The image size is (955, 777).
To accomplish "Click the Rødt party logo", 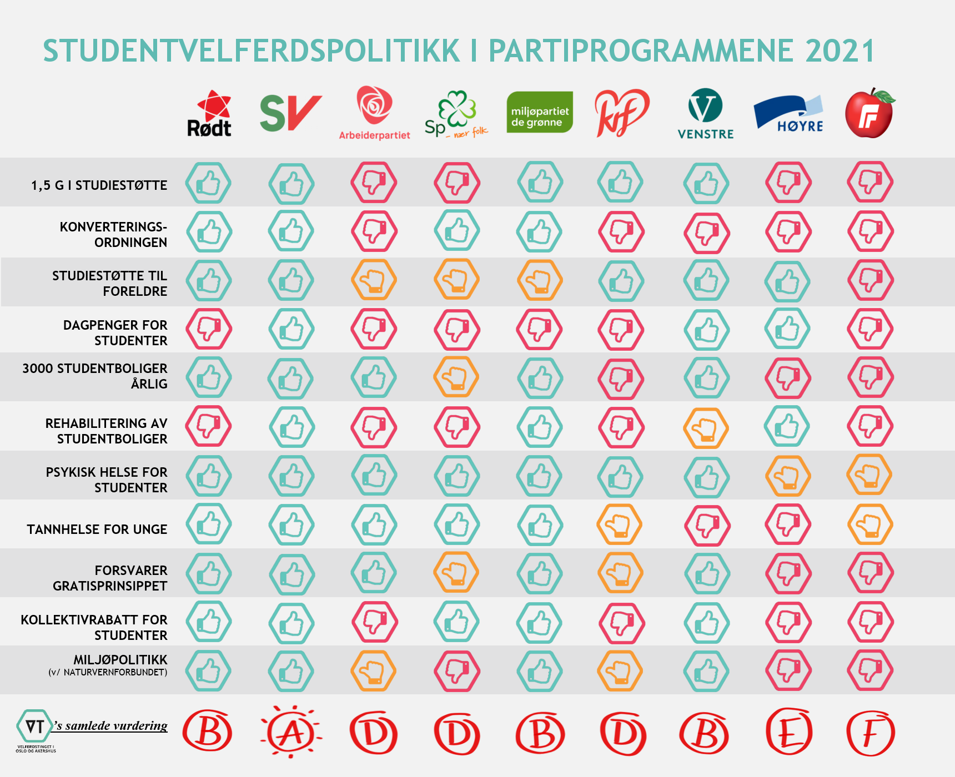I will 209,114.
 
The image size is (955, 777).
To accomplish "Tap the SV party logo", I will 290,113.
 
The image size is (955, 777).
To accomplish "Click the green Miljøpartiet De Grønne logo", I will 540,113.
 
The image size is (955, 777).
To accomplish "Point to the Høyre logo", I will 788,114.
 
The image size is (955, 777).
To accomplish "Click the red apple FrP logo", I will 869,113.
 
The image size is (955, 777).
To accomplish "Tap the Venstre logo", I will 706,114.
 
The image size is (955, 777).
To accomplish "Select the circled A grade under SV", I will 291,733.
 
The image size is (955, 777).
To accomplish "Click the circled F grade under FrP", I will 870,733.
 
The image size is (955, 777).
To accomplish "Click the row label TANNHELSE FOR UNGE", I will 97,529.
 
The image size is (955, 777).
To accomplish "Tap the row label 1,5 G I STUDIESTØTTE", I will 99,185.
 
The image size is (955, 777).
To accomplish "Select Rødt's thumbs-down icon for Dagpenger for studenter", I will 209,329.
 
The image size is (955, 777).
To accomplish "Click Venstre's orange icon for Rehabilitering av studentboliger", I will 706,428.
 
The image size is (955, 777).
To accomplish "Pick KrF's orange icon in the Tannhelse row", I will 620,524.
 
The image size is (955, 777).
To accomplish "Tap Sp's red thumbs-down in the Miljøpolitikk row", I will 457,671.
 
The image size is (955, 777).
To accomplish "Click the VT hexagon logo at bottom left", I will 34,726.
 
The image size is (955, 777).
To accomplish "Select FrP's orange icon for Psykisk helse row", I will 869,475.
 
